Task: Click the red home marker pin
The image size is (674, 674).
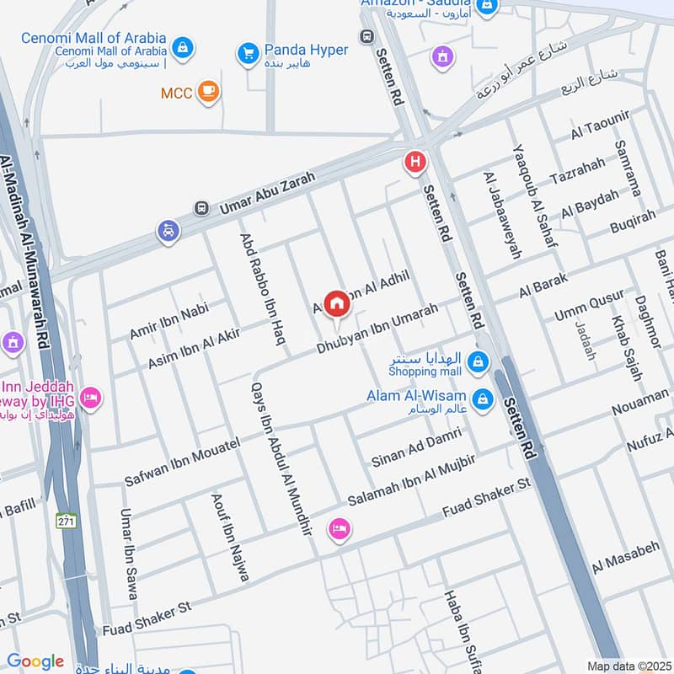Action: click(x=337, y=303)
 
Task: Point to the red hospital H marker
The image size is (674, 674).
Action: click(x=415, y=161)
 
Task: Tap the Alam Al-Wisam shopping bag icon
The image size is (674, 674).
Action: click(x=482, y=398)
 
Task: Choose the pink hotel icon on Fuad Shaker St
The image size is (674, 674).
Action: click(x=340, y=530)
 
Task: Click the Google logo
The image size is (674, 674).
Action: click(x=35, y=661)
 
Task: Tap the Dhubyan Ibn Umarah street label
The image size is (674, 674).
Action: click(x=377, y=329)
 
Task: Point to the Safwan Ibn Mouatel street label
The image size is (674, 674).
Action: click(x=182, y=462)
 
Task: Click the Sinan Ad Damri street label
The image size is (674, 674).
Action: click(x=416, y=447)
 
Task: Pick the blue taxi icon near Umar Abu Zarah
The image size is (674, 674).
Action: click(x=168, y=230)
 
